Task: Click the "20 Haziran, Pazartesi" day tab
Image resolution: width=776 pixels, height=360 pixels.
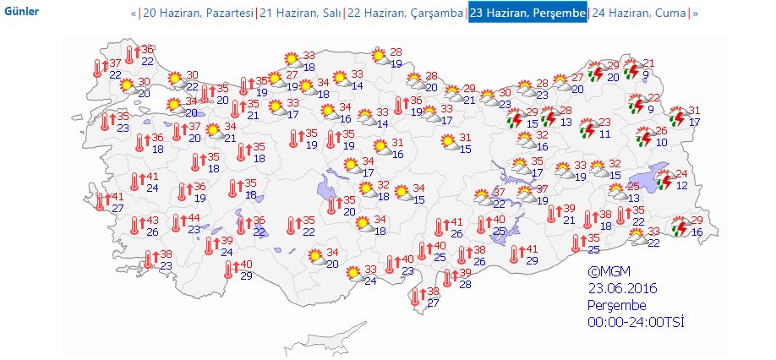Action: coord(197,14)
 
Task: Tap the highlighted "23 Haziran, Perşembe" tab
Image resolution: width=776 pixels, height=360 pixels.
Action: coord(527,14)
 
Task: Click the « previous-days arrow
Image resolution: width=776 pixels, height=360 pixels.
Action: coord(134,14)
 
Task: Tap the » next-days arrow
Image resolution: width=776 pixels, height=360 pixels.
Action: coord(696,14)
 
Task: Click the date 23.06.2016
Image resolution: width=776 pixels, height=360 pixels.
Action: coord(623,289)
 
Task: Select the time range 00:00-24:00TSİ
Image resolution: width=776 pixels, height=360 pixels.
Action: coord(636,322)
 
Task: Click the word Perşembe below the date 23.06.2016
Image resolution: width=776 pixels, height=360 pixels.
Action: coord(618,305)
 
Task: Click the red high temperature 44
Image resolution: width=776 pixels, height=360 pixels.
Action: coord(194,218)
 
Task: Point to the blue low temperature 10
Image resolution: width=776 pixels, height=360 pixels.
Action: coord(662,142)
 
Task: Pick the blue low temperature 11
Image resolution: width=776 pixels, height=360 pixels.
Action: coord(604,134)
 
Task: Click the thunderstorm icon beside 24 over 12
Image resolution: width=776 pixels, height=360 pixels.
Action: coord(665,180)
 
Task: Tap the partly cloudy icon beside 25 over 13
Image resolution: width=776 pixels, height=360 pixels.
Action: coord(617,192)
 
